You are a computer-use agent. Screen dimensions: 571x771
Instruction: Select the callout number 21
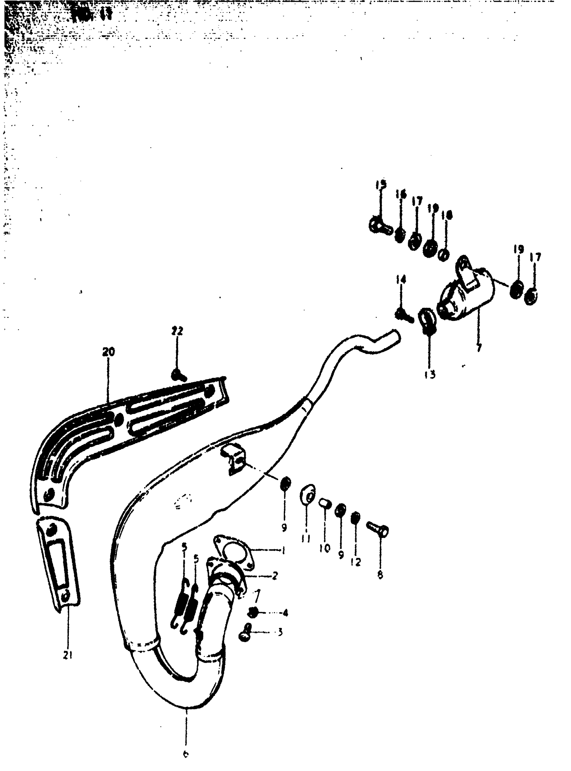(x=68, y=655)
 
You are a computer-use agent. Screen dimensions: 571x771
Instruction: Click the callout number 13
(x=430, y=374)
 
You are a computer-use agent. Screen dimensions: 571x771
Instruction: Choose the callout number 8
(x=380, y=574)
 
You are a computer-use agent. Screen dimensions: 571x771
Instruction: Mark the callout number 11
(x=306, y=538)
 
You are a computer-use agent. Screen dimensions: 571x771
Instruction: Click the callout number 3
(x=280, y=632)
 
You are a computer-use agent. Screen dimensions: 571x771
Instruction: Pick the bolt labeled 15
(x=379, y=226)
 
